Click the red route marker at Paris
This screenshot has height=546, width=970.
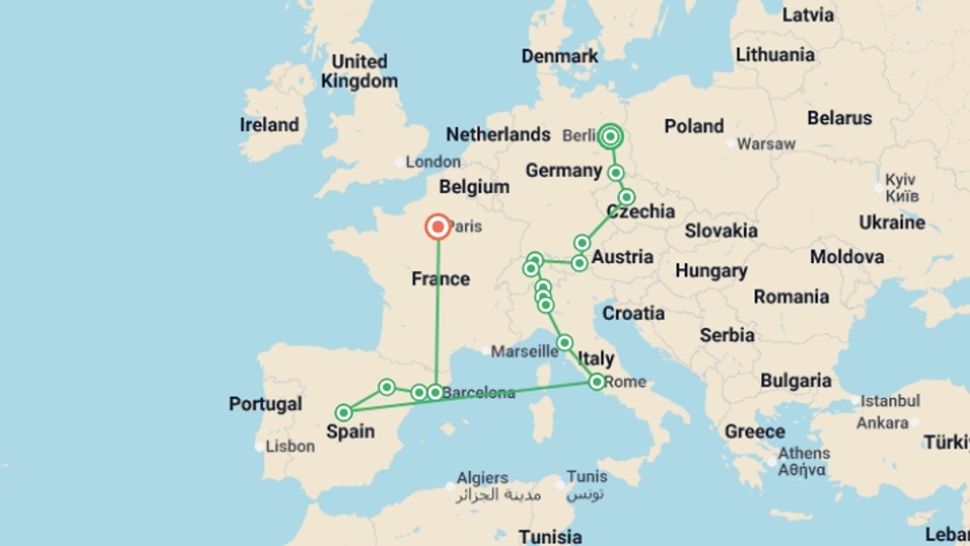438,227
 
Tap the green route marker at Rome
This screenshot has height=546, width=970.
597,382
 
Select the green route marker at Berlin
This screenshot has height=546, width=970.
610,136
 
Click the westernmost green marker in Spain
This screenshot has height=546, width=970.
344,413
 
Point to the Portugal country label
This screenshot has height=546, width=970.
265,403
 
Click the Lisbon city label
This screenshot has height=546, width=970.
290,446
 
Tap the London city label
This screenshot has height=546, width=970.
433,162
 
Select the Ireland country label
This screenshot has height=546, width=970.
269,125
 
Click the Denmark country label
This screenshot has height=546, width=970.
559,56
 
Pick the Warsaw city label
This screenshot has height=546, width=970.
766,144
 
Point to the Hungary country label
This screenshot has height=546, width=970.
711,271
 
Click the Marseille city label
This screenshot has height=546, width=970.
524,351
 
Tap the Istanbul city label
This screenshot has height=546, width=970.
890,401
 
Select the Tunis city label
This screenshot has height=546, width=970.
587,476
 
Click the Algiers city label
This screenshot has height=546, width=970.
482,478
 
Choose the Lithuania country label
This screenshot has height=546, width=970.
774,55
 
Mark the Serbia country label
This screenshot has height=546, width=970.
726,335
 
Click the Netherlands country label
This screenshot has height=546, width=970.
498,134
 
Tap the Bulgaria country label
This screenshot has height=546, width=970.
796,381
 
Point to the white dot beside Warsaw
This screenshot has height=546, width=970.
730,144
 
